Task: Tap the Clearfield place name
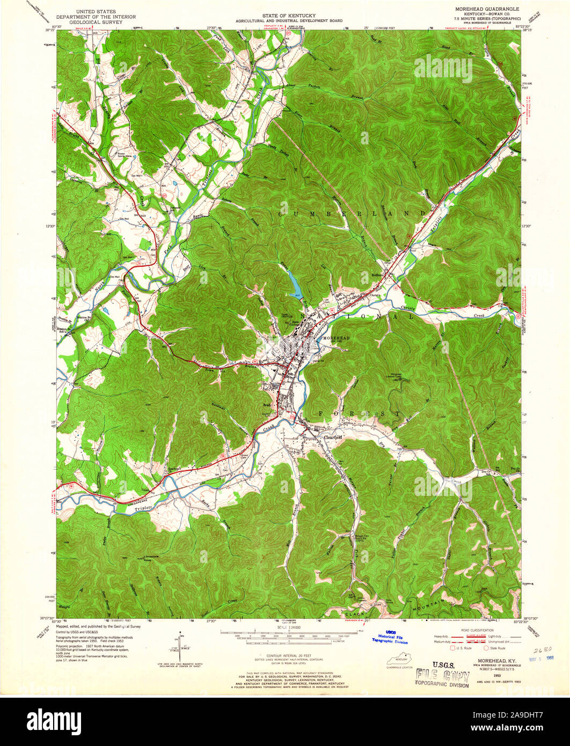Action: [x=324, y=438]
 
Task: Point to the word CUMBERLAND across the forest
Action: [x=351, y=214]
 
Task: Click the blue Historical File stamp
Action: [x=390, y=638]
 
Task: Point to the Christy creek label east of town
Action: [x=411, y=308]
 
